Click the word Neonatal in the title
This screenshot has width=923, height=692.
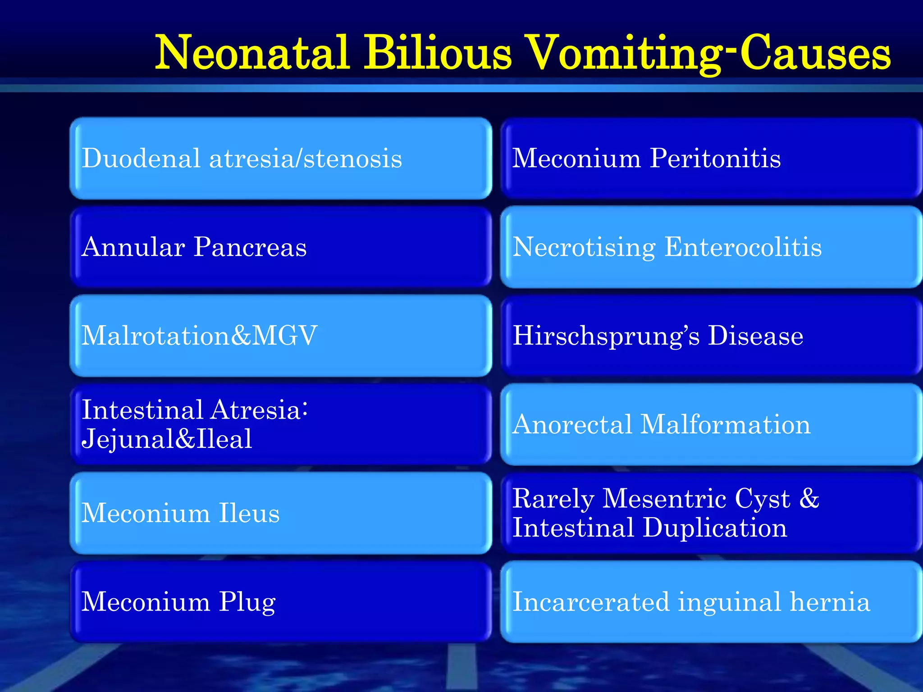252,53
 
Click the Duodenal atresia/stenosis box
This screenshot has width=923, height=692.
280,159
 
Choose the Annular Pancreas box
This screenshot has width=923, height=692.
280,247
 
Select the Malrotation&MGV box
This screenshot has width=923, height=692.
280,336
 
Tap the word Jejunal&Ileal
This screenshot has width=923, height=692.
167,439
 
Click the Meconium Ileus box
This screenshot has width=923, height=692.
280,513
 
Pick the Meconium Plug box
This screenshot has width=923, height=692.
280,602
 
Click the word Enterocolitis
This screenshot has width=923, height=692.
743,247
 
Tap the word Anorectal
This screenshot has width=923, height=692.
572,424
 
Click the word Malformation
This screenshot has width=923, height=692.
725,424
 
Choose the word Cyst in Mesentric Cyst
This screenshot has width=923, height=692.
762,499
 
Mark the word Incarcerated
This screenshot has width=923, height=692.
591,602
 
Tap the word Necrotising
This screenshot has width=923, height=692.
584,248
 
